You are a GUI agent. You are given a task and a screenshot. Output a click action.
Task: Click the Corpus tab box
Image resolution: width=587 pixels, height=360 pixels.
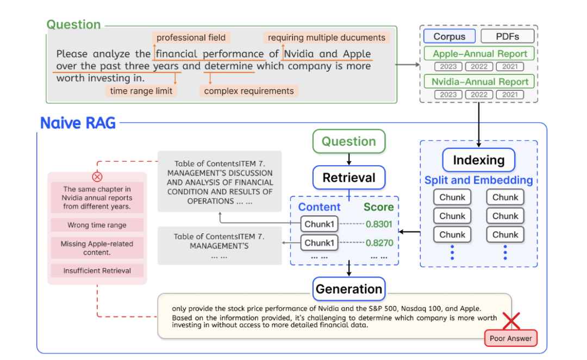tap(449, 36)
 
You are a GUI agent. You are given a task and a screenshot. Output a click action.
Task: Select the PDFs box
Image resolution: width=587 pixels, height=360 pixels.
tap(507, 36)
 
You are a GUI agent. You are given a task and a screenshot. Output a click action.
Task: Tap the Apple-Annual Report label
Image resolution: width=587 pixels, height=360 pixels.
tap(479, 54)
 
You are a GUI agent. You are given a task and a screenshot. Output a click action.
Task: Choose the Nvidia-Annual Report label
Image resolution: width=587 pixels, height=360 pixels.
tap(479, 82)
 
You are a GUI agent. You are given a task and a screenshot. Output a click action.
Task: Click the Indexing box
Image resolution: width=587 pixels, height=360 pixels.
tap(478, 160)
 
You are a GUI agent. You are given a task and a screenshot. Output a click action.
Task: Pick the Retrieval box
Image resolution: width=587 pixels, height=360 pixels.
tap(348, 177)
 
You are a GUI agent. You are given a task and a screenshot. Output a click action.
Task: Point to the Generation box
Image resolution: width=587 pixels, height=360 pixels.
tap(348, 289)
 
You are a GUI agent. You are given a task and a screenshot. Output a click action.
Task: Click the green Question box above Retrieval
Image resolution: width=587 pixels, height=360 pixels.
tap(348, 141)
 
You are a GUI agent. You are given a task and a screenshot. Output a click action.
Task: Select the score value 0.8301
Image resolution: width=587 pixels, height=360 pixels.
tap(379, 224)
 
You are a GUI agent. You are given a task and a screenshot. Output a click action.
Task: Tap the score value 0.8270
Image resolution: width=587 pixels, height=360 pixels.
tap(379, 243)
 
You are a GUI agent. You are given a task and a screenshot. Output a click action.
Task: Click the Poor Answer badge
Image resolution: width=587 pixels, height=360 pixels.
tap(510, 338)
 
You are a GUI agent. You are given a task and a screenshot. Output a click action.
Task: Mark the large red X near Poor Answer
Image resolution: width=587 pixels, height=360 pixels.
tap(511, 321)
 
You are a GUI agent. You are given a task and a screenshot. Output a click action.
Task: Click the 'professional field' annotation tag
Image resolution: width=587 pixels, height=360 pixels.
tap(191, 38)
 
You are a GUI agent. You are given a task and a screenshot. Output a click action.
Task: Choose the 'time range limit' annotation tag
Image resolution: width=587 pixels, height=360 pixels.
tap(141, 91)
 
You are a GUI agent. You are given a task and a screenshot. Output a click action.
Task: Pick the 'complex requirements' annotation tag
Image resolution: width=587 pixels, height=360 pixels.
tap(249, 91)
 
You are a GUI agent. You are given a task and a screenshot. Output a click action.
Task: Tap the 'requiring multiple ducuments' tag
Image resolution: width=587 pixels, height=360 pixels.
tap(326, 38)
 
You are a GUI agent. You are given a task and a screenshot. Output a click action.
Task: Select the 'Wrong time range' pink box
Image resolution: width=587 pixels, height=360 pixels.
tap(97, 225)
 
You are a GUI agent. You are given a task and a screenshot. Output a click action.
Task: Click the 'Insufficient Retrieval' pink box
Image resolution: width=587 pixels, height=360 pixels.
tap(97, 271)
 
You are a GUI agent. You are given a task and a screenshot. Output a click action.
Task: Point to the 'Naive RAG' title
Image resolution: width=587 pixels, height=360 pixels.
tap(78, 123)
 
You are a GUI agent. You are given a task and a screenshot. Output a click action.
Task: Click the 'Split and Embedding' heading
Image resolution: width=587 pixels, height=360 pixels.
tap(478, 181)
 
